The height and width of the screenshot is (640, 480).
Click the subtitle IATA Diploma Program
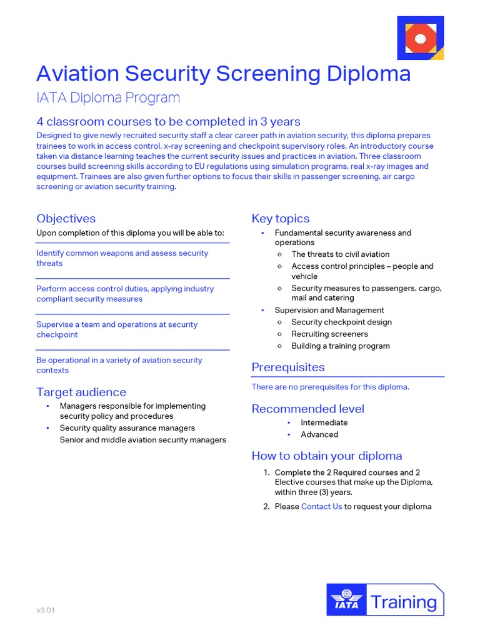pos(108,97)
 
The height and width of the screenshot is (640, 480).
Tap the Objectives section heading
pos(66,218)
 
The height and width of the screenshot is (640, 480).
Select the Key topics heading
pos(280,218)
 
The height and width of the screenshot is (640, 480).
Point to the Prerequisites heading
pos(288,367)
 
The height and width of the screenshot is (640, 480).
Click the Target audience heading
pos(81,392)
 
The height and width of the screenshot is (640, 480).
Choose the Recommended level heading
pos(307,409)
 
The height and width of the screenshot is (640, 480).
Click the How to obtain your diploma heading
pos(326,456)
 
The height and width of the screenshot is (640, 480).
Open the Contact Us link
pos(321,506)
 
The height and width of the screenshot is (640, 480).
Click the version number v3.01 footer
pos(46,610)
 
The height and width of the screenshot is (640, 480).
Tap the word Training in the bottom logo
pos(404,602)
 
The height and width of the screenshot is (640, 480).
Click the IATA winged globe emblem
pos(346,599)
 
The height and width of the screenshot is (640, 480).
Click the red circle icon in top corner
pos(420,39)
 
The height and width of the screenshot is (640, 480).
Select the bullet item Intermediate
pos(324,422)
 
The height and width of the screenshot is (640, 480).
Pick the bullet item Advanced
pos(319,434)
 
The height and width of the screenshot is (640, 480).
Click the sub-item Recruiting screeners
pos(329,334)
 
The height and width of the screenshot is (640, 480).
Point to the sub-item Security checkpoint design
pos(341,322)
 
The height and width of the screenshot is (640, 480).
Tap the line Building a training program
pos(340,346)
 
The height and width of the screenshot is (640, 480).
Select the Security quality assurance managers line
pos(127,428)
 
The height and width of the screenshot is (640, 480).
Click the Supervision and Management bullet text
pos(329,310)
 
